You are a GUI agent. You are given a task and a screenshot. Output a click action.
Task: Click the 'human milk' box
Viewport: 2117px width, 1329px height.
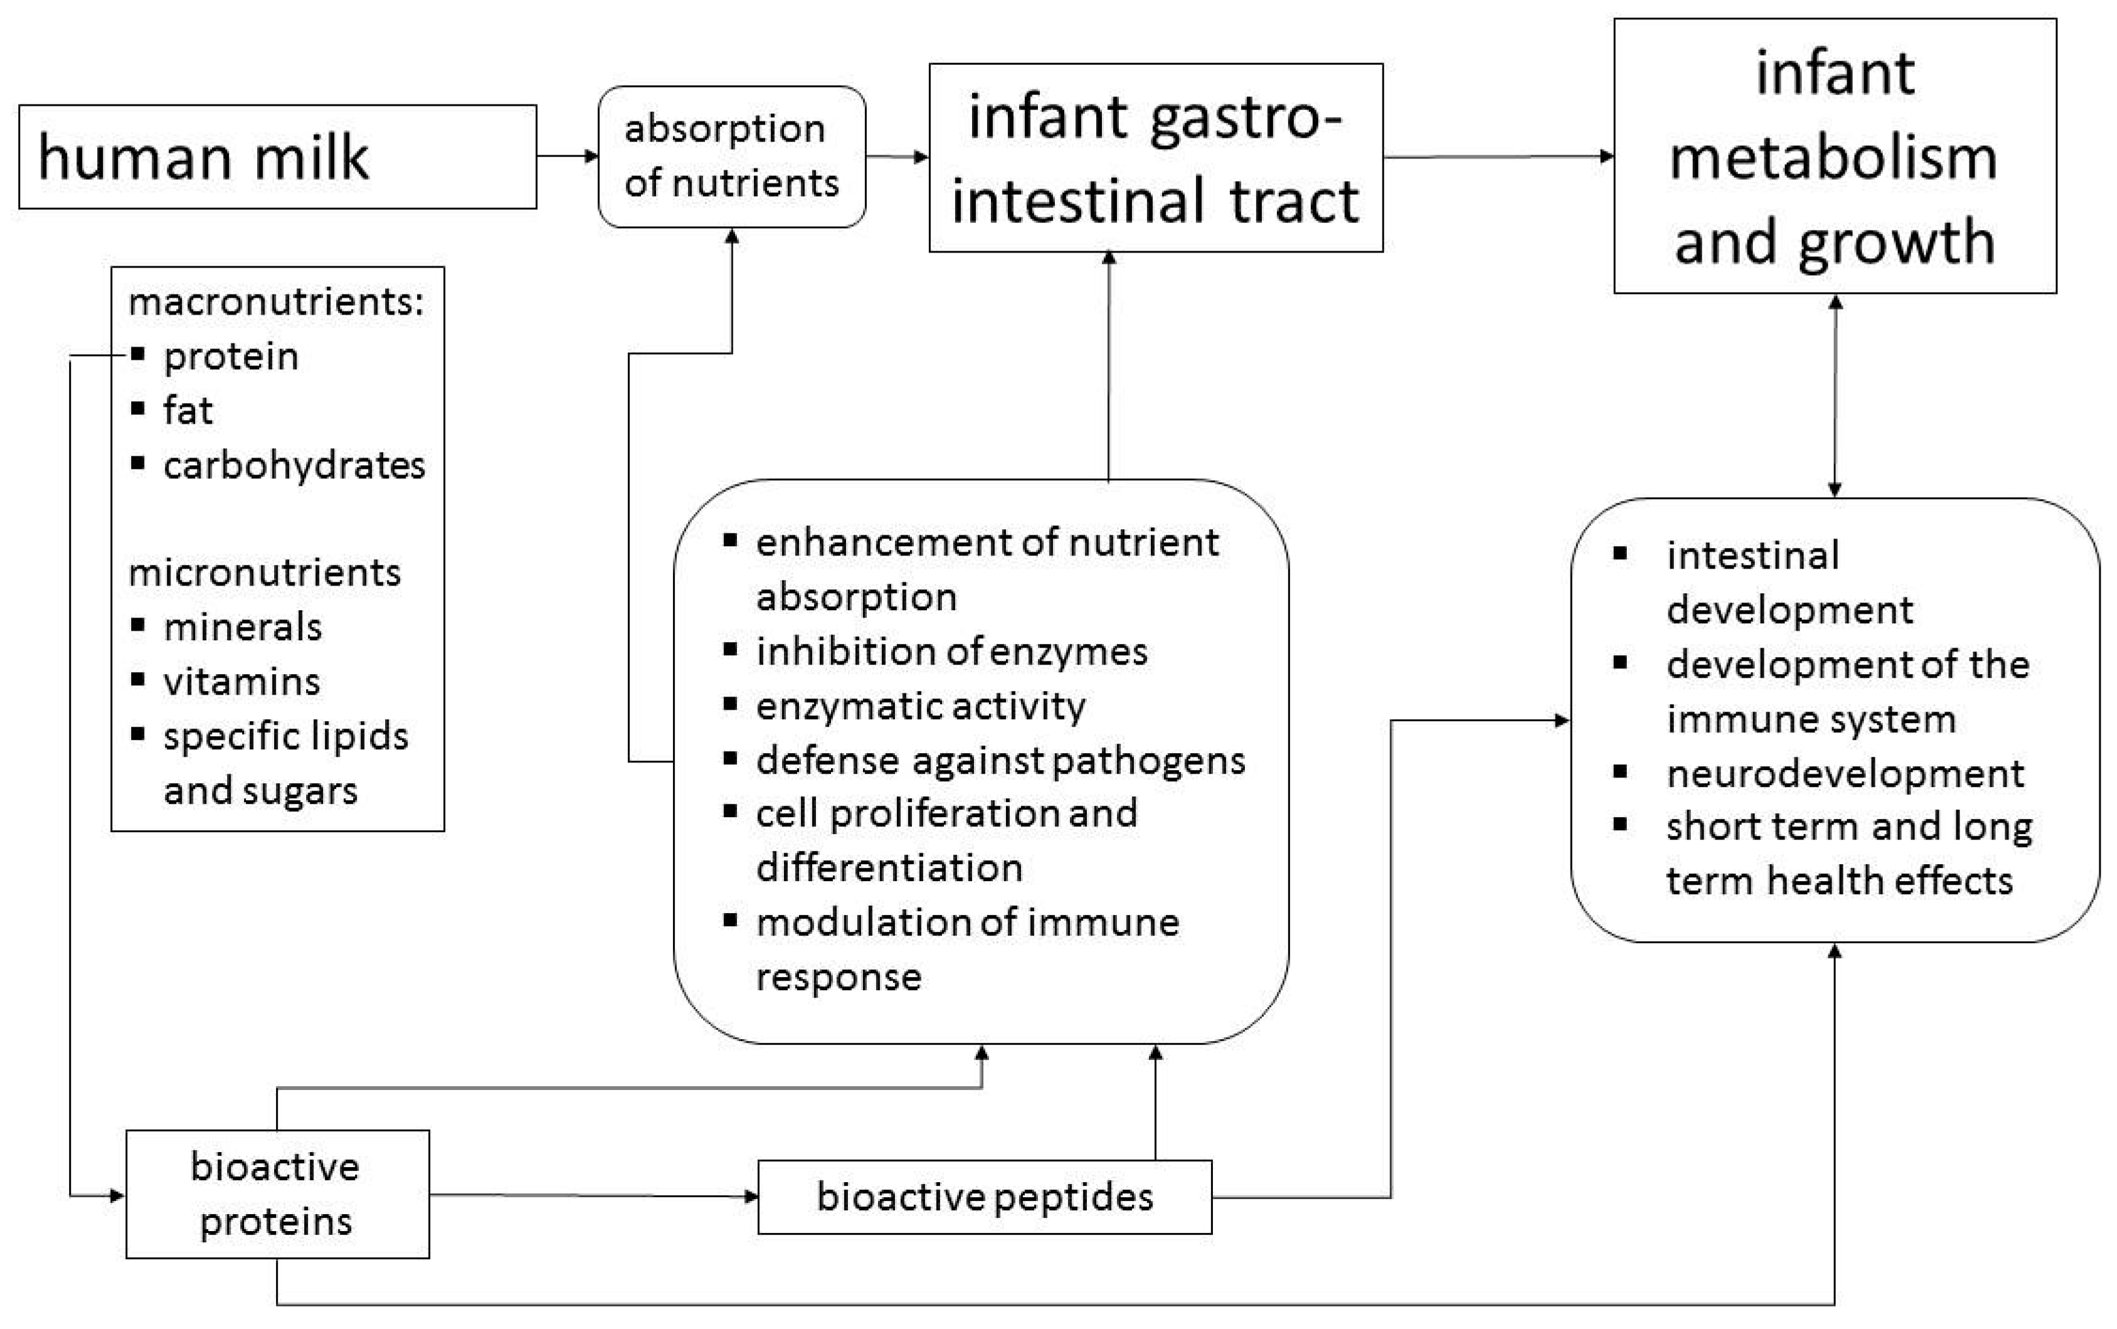[277, 157]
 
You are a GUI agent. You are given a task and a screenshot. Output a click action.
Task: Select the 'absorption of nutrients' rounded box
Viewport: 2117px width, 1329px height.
[731, 157]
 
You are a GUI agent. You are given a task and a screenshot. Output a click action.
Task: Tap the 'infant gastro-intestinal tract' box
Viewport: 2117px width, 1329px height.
[1155, 158]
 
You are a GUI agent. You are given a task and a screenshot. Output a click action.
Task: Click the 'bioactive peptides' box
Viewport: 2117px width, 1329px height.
[984, 1197]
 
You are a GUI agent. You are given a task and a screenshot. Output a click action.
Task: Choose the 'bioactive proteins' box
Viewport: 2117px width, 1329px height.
[277, 1194]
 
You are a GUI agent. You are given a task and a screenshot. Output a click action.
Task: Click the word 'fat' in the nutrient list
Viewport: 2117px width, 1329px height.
[187, 411]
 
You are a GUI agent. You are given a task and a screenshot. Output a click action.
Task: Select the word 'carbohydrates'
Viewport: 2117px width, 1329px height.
[294, 465]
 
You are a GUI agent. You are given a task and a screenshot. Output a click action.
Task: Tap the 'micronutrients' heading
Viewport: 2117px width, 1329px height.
[264, 572]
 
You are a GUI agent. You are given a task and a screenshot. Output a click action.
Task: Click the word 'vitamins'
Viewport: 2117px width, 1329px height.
[242, 682]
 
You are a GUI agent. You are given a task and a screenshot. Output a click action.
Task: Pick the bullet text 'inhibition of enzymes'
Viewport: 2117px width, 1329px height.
[951, 652]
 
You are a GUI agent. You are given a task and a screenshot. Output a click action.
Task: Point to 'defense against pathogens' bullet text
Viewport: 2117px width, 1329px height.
[1000, 760]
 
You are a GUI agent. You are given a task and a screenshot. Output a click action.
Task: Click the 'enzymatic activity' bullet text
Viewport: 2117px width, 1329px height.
[920, 706]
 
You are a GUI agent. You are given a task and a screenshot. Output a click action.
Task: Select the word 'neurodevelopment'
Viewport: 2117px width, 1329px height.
[1845, 774]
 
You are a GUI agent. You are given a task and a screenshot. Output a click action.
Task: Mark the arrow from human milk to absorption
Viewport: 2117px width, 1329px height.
[567, 157]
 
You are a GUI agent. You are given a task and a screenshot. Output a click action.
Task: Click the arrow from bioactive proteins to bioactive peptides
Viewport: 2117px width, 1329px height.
[593, 1195]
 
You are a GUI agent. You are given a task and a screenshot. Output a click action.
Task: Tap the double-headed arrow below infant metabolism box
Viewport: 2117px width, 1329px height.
[1834, 396]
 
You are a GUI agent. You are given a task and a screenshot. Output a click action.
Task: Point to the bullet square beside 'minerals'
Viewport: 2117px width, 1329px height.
[137, 625]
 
